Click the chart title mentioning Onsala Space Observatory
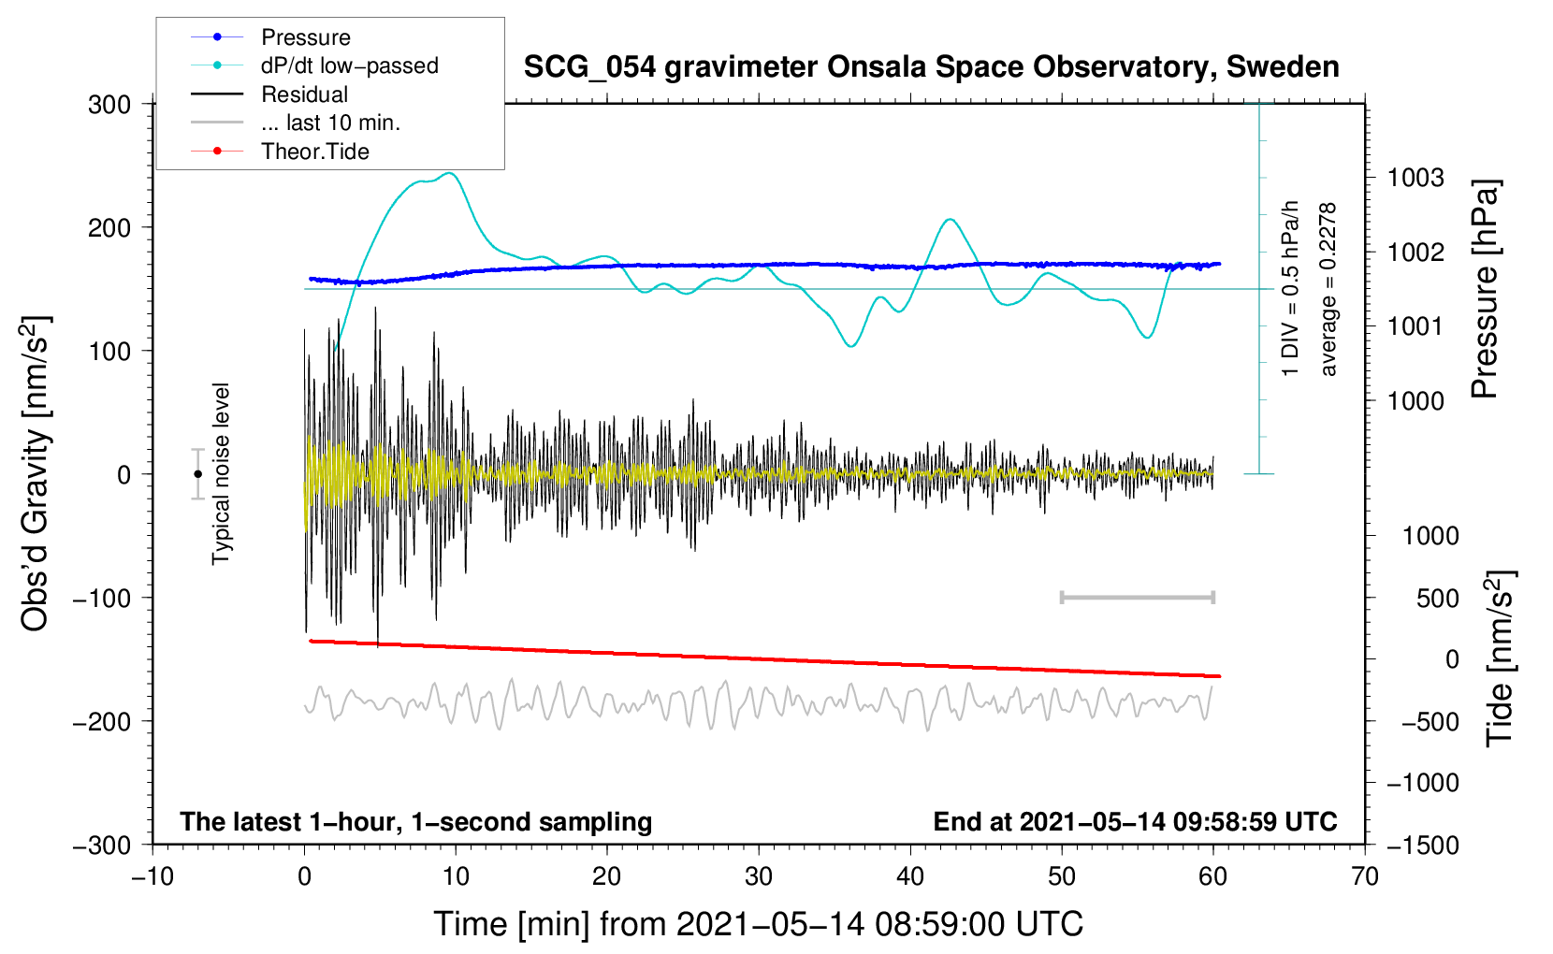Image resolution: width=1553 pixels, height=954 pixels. pyautogui.click(x=931, y=67)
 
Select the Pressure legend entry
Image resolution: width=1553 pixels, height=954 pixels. pyautogui.click(x=305, y=37)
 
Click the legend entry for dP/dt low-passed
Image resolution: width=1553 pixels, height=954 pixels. pyautogui.click(x=349, y=65)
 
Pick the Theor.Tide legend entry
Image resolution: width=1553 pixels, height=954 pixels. pyautogui.click(x=314, y=152)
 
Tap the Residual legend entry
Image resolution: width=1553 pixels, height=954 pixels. pyautogui.click(x=304, y=94)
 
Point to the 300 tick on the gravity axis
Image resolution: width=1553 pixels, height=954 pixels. pyautogui.click(x=109, y=105)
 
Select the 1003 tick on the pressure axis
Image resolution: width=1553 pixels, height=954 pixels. pyautogui.click(x=1415, y=178)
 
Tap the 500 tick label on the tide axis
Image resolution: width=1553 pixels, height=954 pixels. pyautogui.click(x=1437, y=599)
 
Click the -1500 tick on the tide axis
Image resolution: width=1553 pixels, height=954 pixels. pyautogui.click(x=1422, y=846)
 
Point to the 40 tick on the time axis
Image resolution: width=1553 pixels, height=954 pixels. pyautogui.click(x=910, y=877)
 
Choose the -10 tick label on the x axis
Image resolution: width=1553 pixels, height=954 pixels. pyautogui.click(x=152, y=877)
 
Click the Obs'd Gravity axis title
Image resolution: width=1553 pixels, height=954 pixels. pyautogui.click(x=36, y=474)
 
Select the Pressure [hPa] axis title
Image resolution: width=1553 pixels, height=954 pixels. pyautogui.click(x=1485, y=290)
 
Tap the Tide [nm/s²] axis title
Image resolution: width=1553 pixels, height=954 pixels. pyautogui.click(x=1500, y=658)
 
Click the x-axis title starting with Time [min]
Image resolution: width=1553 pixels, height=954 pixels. pyautogui.click(x=758, y=924)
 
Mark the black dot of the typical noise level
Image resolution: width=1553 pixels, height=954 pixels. pyautogui.click(x=197, y=474)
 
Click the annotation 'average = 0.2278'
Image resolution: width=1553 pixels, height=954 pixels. pyautogui.click(x=1328, y=290)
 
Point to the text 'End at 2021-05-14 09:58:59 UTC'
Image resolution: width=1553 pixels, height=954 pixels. pyautogui.click(x=1135, y=822)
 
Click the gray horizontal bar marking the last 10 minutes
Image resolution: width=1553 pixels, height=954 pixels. pyautogui.click(x=1137, y=597)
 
